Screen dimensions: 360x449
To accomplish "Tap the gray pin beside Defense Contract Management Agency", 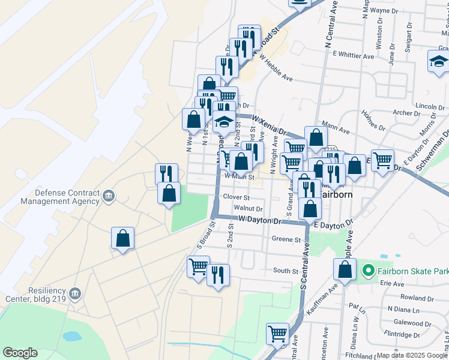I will point(109,196).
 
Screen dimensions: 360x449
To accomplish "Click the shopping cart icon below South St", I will point(277,334).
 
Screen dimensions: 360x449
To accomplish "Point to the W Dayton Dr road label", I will point(260,221).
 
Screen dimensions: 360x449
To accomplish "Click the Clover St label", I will point(235,197).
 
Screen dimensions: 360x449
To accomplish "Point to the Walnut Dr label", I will point(249,208).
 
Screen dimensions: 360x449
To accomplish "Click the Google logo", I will point(20,353).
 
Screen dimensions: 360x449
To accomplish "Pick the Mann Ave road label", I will point(336,128).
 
